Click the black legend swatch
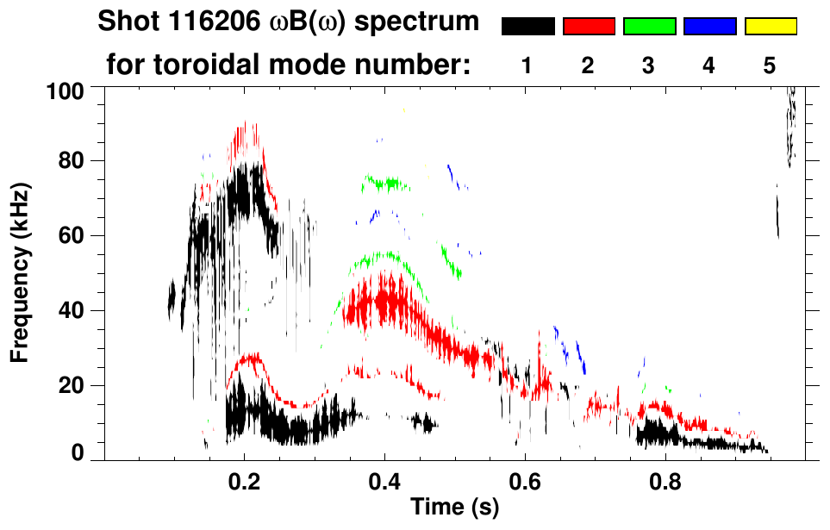pyautogui.click(x=528, y=27)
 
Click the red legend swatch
pyautogui.click(x=589, y=27)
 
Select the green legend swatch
pyautogui.click(x=649, y=27)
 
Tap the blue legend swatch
pyautogui.click(x=709, y=27)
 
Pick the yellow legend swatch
pyautogui.click(x=770, y=27)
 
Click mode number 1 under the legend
pyautogui.click(x=527, y=66)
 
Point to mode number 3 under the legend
pyautogui.click(x=649, y=66)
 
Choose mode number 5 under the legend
pyautogui.click(x=770, y=66)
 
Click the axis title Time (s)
pyautogui.click(x=453, y=508)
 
